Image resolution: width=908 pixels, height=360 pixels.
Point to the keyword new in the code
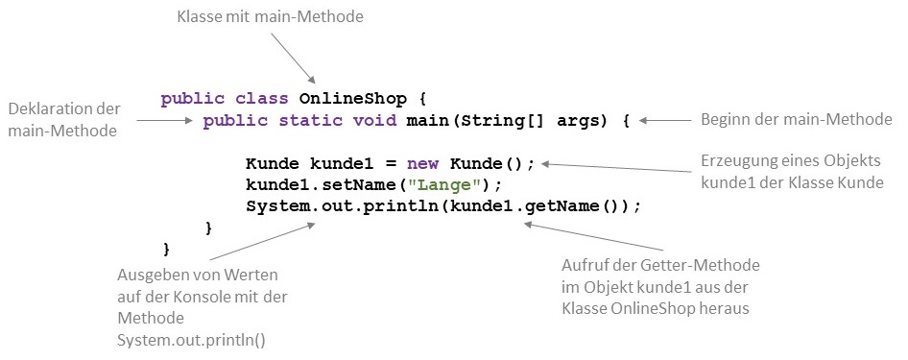[421, 163]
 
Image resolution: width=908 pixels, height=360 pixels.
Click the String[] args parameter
[529, 121]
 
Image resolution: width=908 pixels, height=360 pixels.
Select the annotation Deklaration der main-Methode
[63, 119]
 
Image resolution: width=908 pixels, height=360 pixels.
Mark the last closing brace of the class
[167, 249]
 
